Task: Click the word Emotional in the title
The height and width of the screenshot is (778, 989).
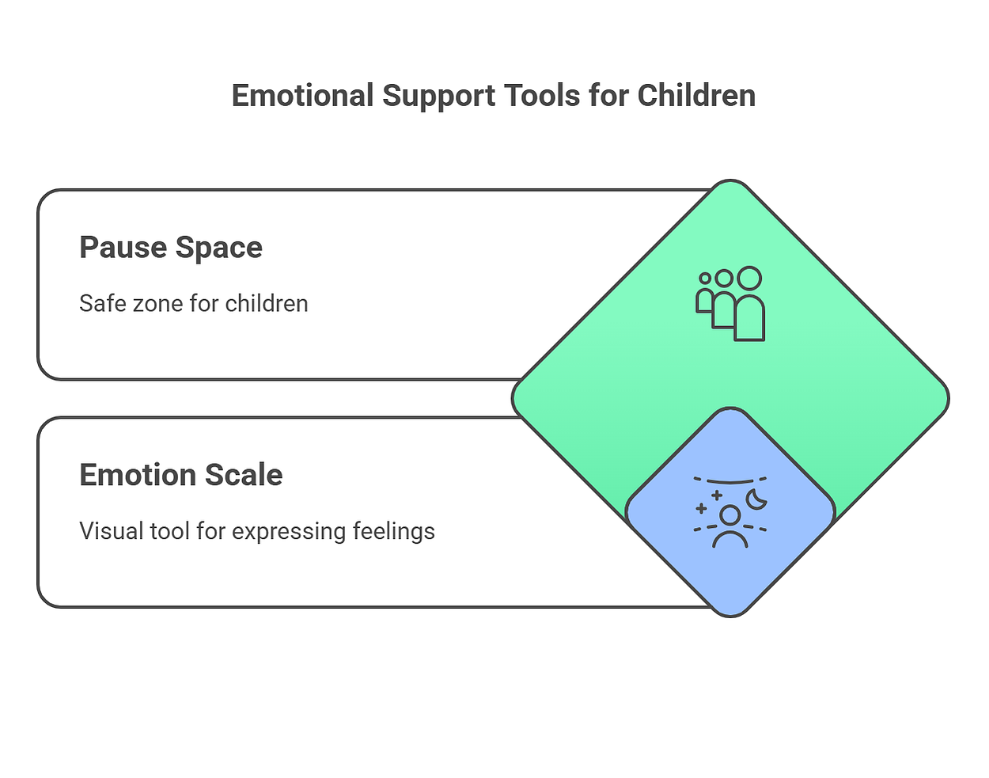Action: pyautogui.click(x=302, y=96)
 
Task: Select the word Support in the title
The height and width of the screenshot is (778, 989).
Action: pyautogui.click(x=439, y=97)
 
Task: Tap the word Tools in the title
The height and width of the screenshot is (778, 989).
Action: pyautogui.click(x=542, y=96)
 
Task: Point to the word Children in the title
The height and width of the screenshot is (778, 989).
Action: pyautogui.click(x=696, y=96)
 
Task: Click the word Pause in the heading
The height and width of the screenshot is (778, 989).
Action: pyautogui.click(x=123, y=248)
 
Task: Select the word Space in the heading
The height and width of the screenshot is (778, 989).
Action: pyautogui.click(x=218, y=249)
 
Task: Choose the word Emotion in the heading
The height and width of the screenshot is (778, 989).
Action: pyautogui.click(x=138, y=475)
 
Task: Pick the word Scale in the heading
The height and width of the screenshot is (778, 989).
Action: pyautogui.click(x=244, y=475)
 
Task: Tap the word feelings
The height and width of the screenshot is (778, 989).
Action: pyautogui.click(x=394, y=532)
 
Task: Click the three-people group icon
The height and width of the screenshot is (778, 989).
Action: pyautogui.click(x=730, y=303)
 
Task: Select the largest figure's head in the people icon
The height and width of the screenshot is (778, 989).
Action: pyautogui.click(x=749, y=278)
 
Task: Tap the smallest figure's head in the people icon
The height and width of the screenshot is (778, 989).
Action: pyautogui.click(x=704, y=278)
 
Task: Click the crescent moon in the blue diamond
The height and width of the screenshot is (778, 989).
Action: pyautogui.click(x=756, y=500)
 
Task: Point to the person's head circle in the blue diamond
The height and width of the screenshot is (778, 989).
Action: pyautogui.click(x=729, y=515)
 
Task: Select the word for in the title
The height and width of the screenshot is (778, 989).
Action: pyautogui.click(x=608, y=96)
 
